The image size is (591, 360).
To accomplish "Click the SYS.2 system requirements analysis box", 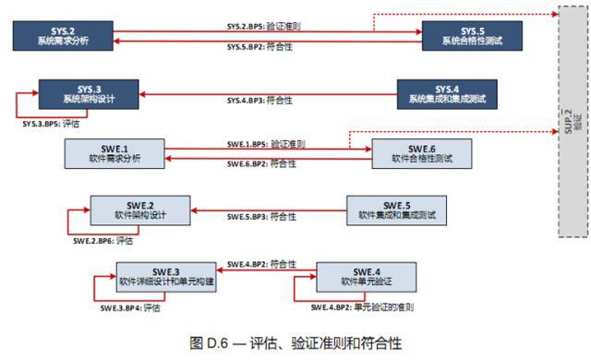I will (64, 36).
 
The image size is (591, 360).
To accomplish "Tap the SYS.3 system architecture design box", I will (89, 93).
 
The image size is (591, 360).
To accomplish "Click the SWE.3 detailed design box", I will (166, 275).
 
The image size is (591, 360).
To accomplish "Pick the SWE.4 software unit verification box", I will (368, 275).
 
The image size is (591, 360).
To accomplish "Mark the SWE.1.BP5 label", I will (266, 144).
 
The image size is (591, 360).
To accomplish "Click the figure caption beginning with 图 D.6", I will (295, 342).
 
